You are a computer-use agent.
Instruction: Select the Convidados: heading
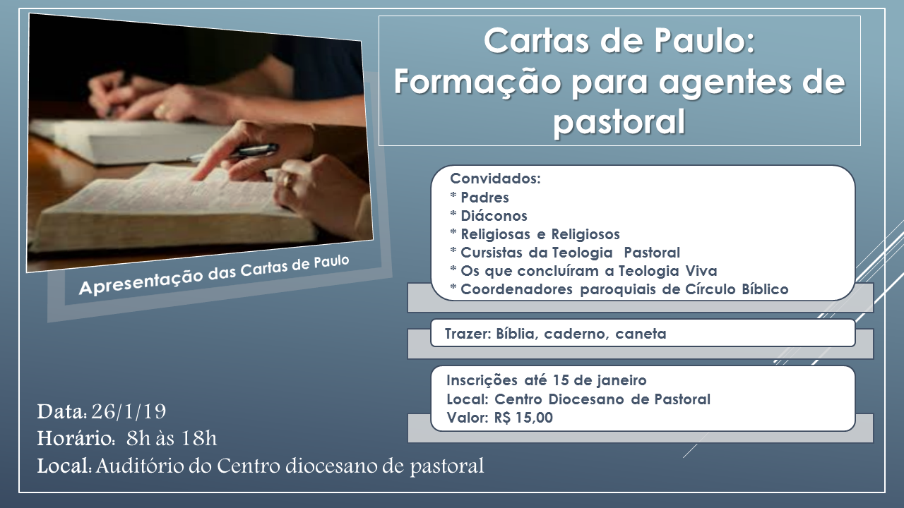coord(495,179)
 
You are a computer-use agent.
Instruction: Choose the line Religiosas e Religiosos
coord(535,234)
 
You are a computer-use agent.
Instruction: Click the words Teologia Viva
coord(667,271)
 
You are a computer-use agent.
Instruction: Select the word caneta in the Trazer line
coord(641,334)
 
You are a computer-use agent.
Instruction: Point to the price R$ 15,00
coord(523,418)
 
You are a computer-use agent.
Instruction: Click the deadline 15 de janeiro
coord(600,380)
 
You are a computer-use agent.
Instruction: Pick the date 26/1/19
coord(129,411)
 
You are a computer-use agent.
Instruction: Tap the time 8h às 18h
coord(172,438)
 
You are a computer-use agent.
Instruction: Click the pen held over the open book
coord(234,152)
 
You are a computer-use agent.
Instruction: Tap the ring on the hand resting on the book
coord(287,179)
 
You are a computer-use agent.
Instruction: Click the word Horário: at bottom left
coord(76,438)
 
